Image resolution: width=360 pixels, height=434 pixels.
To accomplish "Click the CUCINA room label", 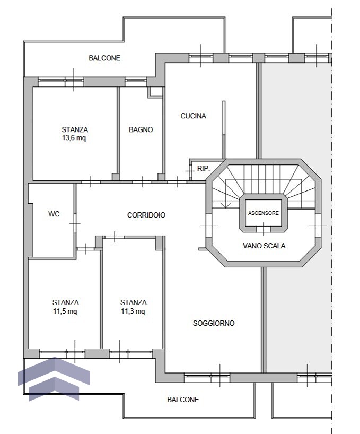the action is click(x=194, y=116).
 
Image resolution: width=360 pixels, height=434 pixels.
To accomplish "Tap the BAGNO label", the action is click(x=141, y=129).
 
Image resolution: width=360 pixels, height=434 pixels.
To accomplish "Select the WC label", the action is click(x=54, y=214).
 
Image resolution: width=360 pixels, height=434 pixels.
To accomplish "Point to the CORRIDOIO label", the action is click(x=146, y=215).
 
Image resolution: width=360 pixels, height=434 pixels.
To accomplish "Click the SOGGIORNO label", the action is click(x=214, y=323).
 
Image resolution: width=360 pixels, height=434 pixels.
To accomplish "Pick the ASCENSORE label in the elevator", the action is click(x=263, y=213).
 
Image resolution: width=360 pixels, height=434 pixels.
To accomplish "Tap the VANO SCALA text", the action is click(x=264, y=246).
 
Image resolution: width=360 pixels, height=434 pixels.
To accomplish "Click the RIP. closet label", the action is click(x=204, y=168).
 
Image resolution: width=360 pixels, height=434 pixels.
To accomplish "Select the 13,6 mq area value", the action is click(x=74, y=138).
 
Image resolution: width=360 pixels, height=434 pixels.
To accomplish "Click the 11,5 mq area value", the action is click(x=65, y=311).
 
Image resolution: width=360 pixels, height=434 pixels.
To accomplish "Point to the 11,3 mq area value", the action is click(x=133, y=311).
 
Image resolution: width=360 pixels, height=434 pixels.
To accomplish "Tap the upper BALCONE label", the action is click(x=104, y=58).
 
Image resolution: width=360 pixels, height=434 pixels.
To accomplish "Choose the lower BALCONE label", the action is click(x=183, y=400).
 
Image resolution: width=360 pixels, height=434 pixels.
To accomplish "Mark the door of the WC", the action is click(x=75, y=223).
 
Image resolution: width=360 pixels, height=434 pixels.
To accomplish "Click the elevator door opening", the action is click(x=263, y=229).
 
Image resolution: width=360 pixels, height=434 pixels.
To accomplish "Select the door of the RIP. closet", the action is click(x=190, y=171).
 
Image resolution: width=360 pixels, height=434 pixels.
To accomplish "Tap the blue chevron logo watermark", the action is click(x=54, y=379).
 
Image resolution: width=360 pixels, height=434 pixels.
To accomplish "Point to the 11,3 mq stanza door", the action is click(x=114, y=237).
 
